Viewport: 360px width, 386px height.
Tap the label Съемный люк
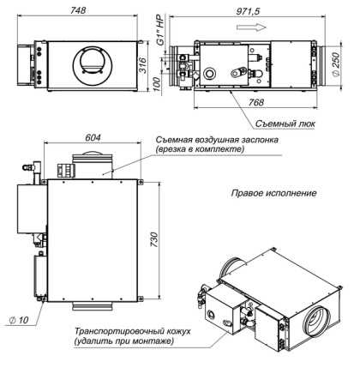click(302, 123)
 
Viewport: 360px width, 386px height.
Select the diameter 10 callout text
click(17, 319)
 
